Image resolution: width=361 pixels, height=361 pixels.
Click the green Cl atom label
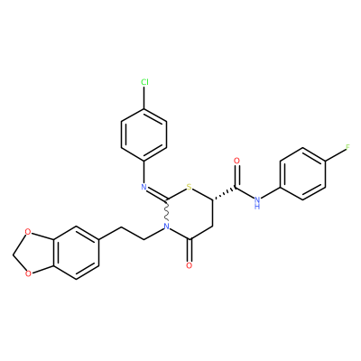[144, 82]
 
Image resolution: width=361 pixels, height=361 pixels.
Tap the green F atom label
[348, 148]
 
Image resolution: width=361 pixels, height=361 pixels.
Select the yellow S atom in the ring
[189, 188]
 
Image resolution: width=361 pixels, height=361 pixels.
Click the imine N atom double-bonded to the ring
[144, 188]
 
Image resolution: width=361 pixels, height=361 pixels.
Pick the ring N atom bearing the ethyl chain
[167, 227]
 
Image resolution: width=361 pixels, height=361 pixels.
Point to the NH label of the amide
[256, 202]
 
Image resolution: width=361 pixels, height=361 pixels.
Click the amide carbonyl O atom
[236, 161]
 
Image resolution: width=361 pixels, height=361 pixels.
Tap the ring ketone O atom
[189, 265]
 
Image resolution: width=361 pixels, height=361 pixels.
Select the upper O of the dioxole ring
[28, 232]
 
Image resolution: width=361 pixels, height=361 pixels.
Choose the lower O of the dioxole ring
[28, 273]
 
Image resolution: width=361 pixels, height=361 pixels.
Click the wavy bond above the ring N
[167, 210]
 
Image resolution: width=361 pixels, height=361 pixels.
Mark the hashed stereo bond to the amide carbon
[224, 194]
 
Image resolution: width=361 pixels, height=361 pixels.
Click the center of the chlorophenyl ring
[143, 134]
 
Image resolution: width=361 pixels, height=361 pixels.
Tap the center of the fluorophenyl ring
[303, 174]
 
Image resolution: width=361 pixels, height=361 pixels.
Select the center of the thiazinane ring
[190, 214]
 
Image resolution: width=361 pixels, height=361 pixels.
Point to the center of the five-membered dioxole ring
[35, 253]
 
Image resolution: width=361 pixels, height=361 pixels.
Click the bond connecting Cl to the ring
[144, 97]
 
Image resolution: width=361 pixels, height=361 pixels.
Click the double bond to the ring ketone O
[190, 250]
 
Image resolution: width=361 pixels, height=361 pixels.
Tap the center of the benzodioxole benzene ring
[77, 253]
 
